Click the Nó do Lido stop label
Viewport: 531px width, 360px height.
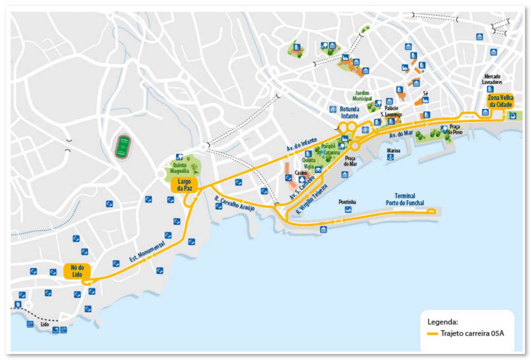pos(77,271)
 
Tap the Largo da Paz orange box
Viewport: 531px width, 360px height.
pos(184,185)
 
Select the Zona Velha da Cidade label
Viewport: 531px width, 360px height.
pos(500,101)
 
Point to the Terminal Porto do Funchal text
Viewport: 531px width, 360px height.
pos(405,199)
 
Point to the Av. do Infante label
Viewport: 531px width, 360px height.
pos(302,146)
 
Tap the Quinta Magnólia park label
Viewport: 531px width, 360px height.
pos(180,168)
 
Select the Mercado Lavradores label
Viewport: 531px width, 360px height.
pos(493,79)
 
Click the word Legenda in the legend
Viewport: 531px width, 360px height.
pos(442,321)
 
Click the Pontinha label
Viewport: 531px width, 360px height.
pos(347,202)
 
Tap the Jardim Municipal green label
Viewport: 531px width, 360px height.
pos(362,96)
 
